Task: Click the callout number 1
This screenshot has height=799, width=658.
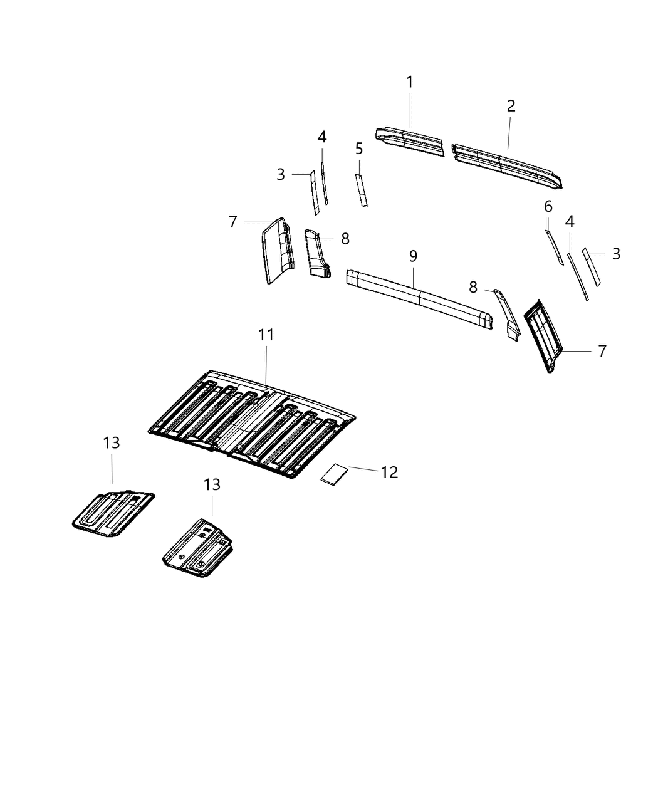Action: click(409, 82)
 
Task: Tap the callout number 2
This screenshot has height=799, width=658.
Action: click(511, 106)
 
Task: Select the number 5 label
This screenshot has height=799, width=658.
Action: click(358, 149)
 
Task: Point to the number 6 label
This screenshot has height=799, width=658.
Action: click(548, 206)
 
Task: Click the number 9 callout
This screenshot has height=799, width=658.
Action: click(413, 256)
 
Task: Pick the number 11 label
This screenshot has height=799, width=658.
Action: click(266, 335)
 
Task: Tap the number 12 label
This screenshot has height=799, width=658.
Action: click(389, 473)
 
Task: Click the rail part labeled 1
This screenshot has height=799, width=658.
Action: click(410, 141)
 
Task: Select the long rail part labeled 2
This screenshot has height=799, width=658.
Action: click(508, 164)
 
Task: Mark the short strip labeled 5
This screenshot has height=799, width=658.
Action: click(362, 191)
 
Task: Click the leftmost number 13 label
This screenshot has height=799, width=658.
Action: click(111, 443)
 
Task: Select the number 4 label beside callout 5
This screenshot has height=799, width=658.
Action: click(321, 137)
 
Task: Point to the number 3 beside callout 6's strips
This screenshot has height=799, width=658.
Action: click(616, 254)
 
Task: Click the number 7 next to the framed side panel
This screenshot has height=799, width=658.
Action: click(602, 352)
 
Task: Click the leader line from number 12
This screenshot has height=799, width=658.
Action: click(363, 469)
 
